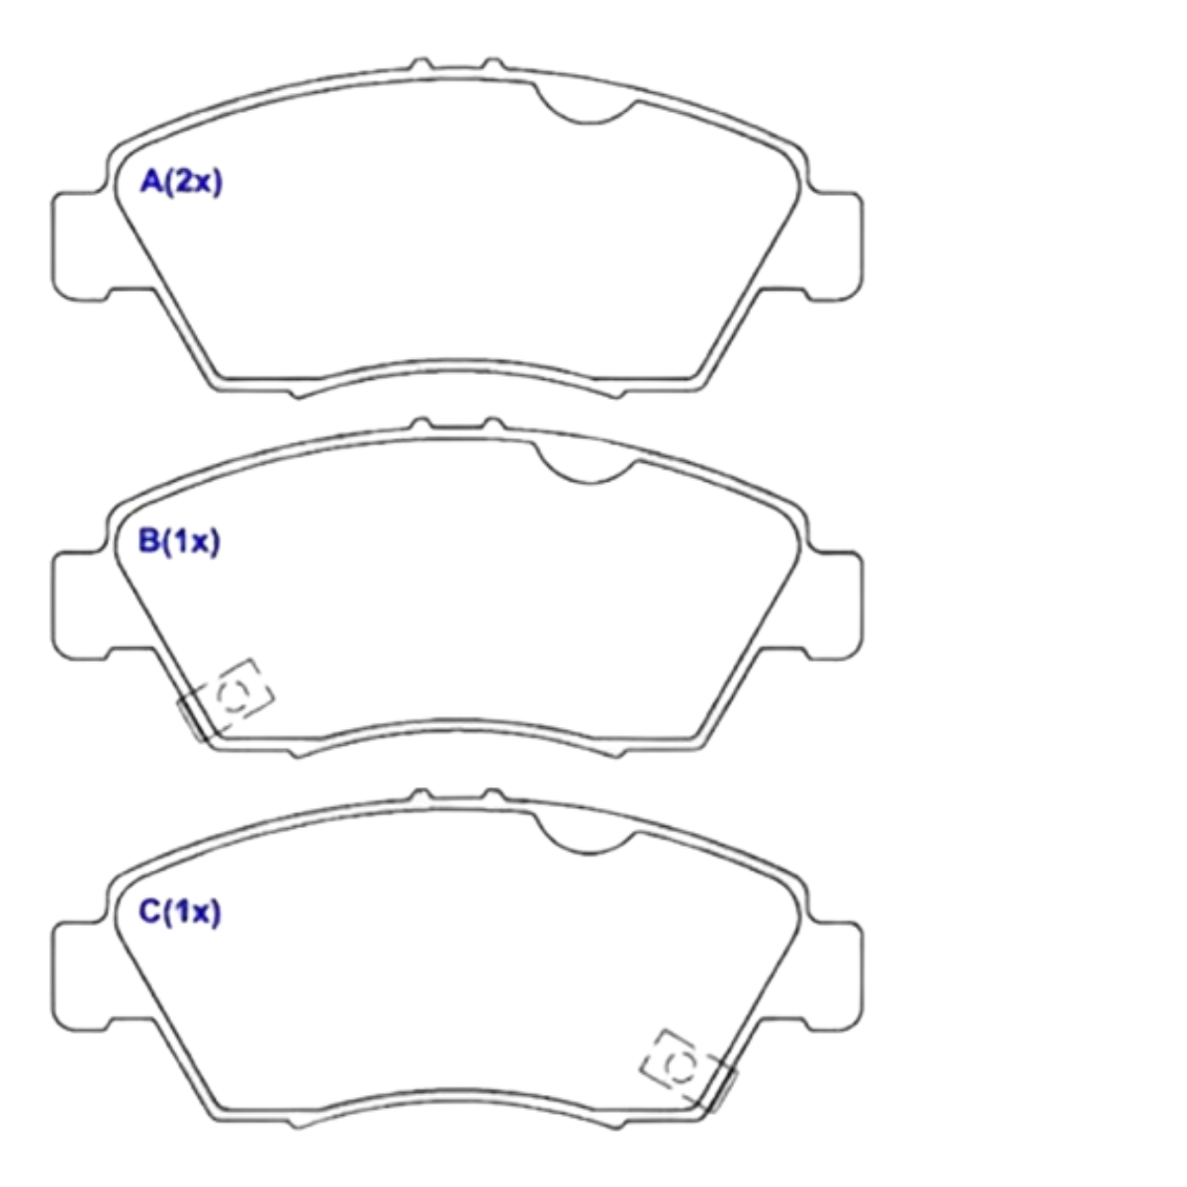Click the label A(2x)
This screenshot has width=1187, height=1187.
pyautogui.click(x=181, y=182)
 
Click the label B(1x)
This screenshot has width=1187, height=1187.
pyautogui.click(x=179, y=542)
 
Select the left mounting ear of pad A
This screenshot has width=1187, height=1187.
pyautogui.click(x=80, y=246)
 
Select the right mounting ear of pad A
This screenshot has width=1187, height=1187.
pyautogui.click(x=835, y=246)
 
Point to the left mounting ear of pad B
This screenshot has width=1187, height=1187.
pyautogui.click(x=80, y=606)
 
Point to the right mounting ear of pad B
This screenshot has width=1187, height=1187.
pyautogui.click(x=835, y=606)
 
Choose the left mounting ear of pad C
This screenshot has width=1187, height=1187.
pyautogui.click(x=80, y=976)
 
